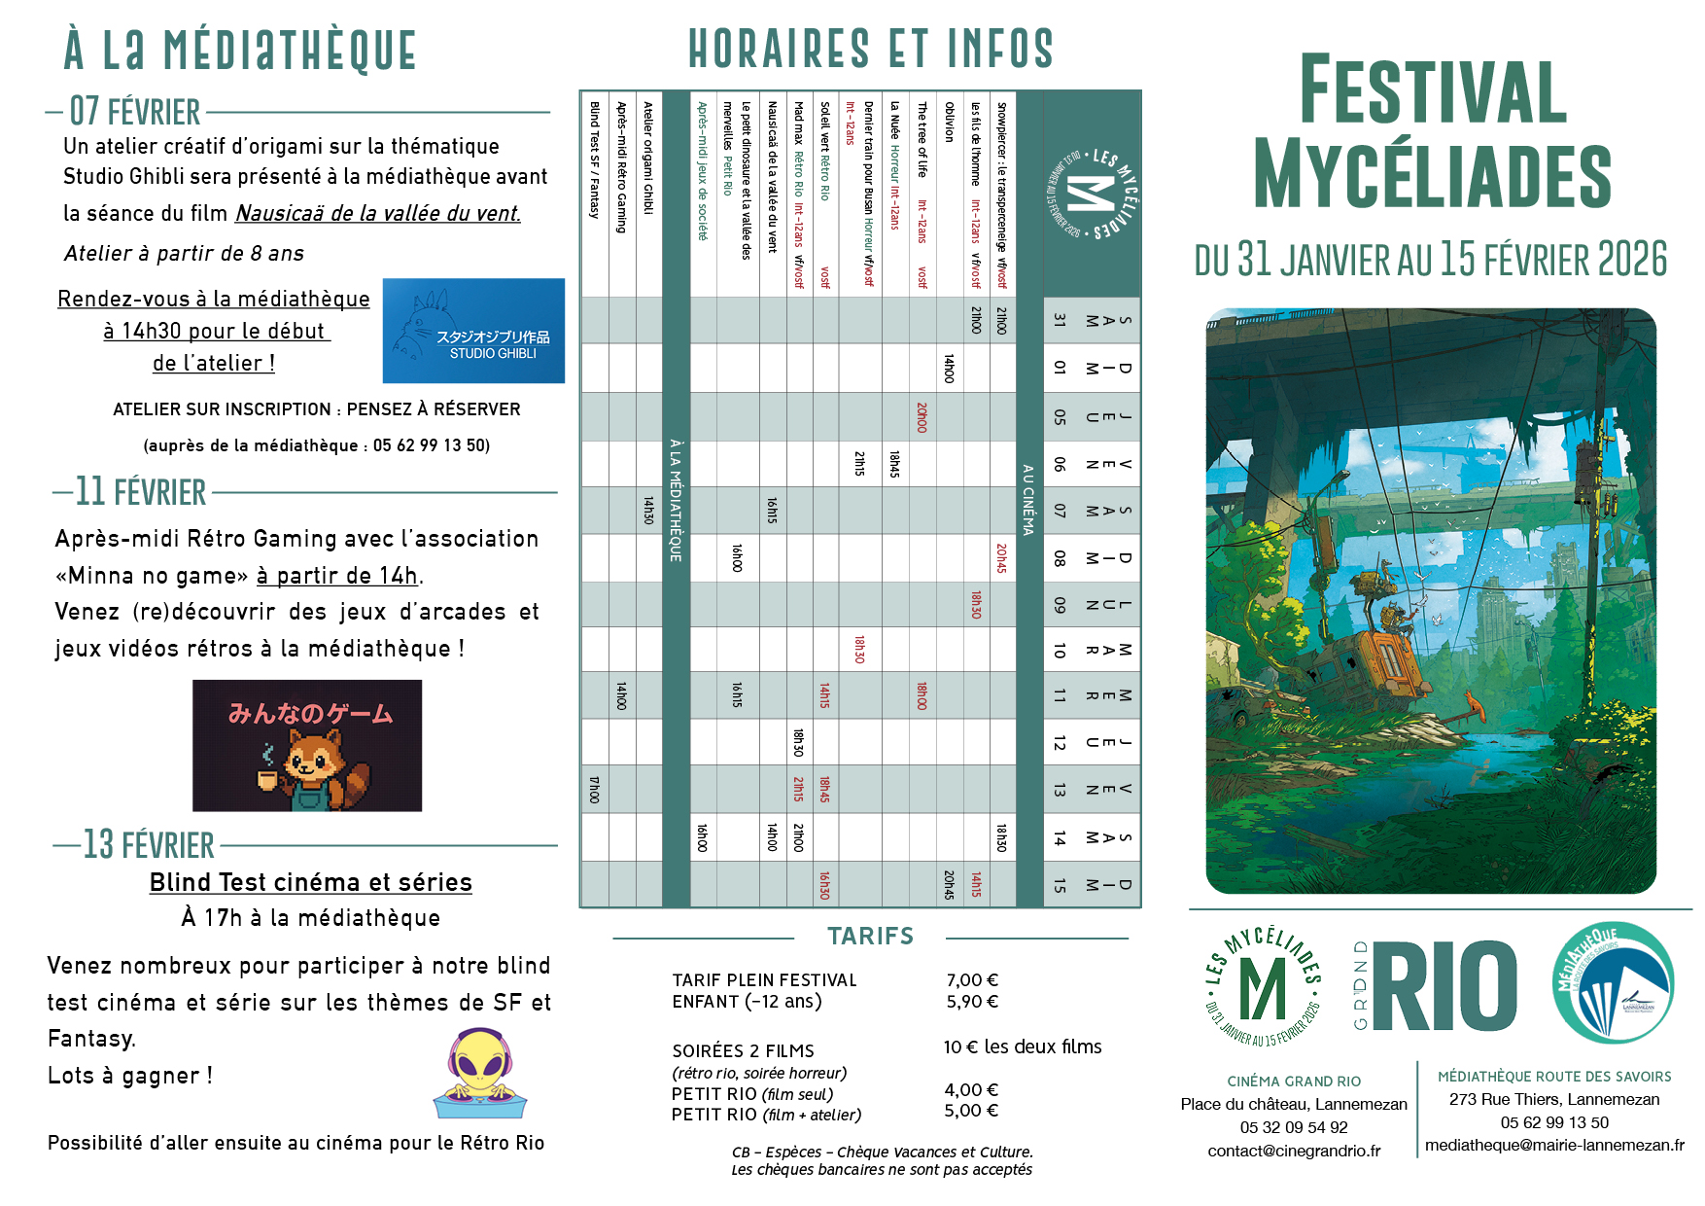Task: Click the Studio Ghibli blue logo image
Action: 473,331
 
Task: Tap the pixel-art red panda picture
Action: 307,746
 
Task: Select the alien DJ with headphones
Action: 480,1074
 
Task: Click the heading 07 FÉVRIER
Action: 135,112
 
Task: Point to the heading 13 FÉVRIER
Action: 149,844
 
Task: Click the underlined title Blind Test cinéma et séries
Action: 310,882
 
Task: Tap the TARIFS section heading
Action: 870,936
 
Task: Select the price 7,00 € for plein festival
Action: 972,980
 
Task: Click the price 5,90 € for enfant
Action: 972,1002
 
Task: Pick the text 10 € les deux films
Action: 1023,1046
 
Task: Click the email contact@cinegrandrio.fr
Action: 1294,1151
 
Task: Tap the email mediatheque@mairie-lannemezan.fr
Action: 1554,1145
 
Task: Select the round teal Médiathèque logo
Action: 1613,983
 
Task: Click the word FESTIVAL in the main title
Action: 1432,90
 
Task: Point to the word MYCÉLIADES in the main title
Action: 1432,175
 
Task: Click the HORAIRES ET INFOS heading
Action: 870,49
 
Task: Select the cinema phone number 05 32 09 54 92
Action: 1294,1127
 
